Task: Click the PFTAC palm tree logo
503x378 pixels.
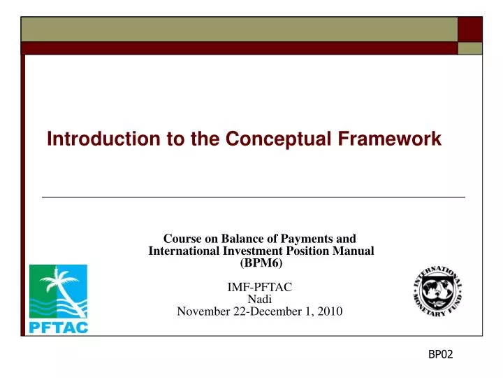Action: pyautogui.click(x=58, y=290)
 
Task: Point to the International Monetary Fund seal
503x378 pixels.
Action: pyautogui.click(x=437, y=291)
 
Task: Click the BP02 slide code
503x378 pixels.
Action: pyautogui.click(x=440, y=355)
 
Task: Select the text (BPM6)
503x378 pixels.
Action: pyautogui.click(x=261, y=263)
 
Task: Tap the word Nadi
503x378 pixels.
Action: pyautogui.click(x=260, y=299)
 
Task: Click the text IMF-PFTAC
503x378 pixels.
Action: pyautogui.click(x=260, y=287)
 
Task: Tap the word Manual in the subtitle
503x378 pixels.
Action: pyautogui.click(x=355, y=251)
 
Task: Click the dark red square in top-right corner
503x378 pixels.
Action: pyautogui.click(x=470, y=29)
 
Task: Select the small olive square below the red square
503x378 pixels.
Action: pyautogui.click(x=470, y=48)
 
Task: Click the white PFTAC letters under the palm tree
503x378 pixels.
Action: pyautogui.click(x=58, y=326)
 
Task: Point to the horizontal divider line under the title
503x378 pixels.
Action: pyautogui.click(x=253, y=197)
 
